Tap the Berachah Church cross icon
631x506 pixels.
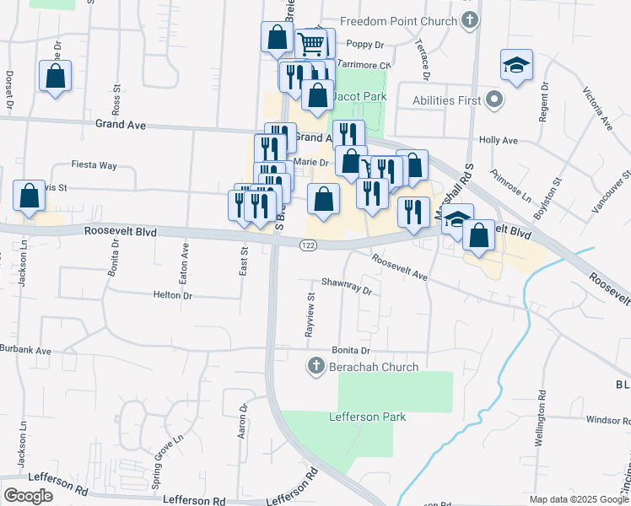[x=315, y=366]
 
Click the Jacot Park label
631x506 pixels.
[x=359, y=97]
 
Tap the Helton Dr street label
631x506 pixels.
[x=173, y=295]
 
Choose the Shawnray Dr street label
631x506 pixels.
[x=346, y=288]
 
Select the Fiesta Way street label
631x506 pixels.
[x=94, y=165]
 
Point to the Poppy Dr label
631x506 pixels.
[x=365, y=44]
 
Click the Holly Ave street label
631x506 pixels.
[x=497, y=141]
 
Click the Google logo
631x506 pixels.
[x=28, y=496]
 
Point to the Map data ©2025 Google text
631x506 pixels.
[x=578, y=499]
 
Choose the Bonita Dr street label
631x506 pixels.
[x=351, y=350]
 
